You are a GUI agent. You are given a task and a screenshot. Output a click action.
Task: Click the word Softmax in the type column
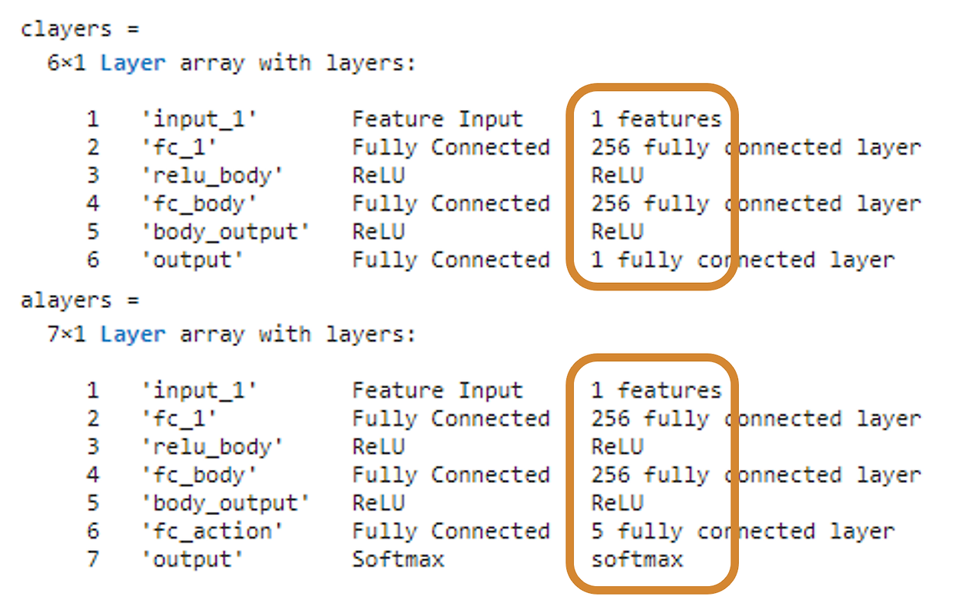point(398,559)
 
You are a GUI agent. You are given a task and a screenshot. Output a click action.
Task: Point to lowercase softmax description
point(637,559)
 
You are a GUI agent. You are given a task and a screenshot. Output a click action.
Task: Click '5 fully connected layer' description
point(742,531)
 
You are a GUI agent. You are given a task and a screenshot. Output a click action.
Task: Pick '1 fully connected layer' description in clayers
point(742,260)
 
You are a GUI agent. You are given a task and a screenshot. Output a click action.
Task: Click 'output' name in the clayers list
point(192,260)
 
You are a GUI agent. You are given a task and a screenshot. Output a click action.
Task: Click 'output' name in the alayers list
point(192,559)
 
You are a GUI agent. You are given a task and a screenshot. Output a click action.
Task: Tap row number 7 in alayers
point(92,559)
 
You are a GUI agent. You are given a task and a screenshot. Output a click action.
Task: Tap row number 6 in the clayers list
point(92,260)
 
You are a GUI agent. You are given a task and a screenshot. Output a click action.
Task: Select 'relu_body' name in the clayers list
point(212,176)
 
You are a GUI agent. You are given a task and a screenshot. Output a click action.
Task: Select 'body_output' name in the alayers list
point(225,504)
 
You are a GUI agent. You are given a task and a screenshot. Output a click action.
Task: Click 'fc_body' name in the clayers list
point(198,204)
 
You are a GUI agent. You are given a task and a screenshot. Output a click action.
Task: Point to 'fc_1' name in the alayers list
point(179,419)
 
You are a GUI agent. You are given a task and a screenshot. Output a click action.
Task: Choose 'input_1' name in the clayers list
point(198,119)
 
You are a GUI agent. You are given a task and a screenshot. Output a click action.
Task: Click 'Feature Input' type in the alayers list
point(437,390)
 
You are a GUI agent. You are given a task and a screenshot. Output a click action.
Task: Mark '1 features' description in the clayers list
point(656,119)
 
